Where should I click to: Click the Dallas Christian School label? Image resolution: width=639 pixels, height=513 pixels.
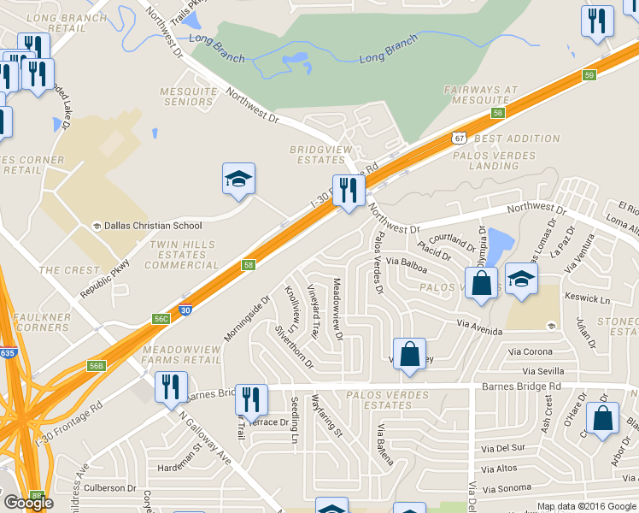point(153,226)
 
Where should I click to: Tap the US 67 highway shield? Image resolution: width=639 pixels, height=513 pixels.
point(460,137)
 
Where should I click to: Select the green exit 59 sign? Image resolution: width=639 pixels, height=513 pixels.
point(589,76)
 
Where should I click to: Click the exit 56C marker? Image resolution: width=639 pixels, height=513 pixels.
point(161,318)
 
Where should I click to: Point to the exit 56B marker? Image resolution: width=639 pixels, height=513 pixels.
point(96,366)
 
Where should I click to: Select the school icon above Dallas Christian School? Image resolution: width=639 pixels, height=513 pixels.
point(238,179)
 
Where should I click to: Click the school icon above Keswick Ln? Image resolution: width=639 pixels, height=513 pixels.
point(520,280)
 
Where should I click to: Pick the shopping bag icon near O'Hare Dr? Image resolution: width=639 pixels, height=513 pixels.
point(603,419)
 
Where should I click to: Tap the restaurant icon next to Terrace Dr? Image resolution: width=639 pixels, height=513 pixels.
point(251,399)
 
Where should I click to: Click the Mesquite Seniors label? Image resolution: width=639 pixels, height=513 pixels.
point(188,97)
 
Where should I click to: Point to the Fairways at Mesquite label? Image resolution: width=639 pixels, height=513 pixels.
point(481,95)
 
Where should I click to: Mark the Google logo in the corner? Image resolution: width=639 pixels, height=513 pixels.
point(28,503)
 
